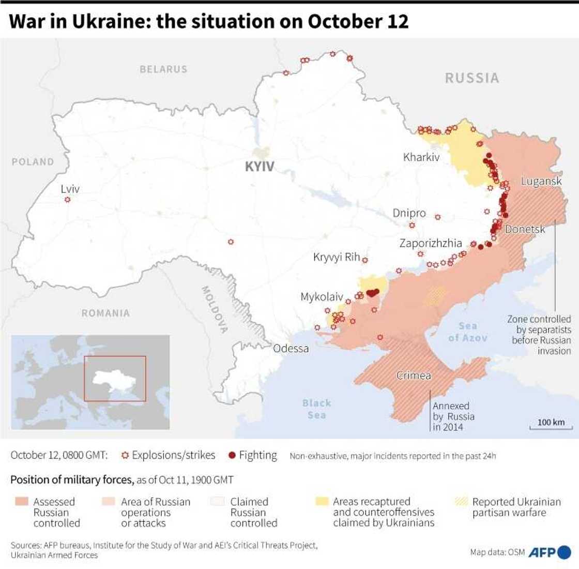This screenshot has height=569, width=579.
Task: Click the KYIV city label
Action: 260,167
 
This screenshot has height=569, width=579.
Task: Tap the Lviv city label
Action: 70,189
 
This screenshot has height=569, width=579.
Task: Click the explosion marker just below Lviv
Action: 67,199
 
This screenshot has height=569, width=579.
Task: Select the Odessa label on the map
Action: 291,348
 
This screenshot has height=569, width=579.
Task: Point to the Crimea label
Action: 414,376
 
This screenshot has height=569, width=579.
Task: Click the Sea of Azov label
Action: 467,332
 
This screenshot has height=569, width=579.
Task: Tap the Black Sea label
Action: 316,409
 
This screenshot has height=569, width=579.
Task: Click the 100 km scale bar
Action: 551,425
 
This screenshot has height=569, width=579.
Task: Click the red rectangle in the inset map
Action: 115,379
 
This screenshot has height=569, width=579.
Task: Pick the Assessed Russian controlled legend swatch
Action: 21,501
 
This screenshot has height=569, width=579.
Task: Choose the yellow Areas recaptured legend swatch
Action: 322,501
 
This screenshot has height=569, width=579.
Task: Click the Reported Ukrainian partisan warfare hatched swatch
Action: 461,501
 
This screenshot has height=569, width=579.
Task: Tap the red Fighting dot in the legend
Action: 232,456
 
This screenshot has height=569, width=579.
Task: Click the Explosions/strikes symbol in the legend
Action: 124,456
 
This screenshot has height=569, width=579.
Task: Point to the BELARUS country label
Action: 163,69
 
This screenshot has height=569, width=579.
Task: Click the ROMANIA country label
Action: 105,313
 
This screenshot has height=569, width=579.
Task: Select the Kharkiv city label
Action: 421,157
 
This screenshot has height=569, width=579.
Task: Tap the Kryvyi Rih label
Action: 337,257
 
